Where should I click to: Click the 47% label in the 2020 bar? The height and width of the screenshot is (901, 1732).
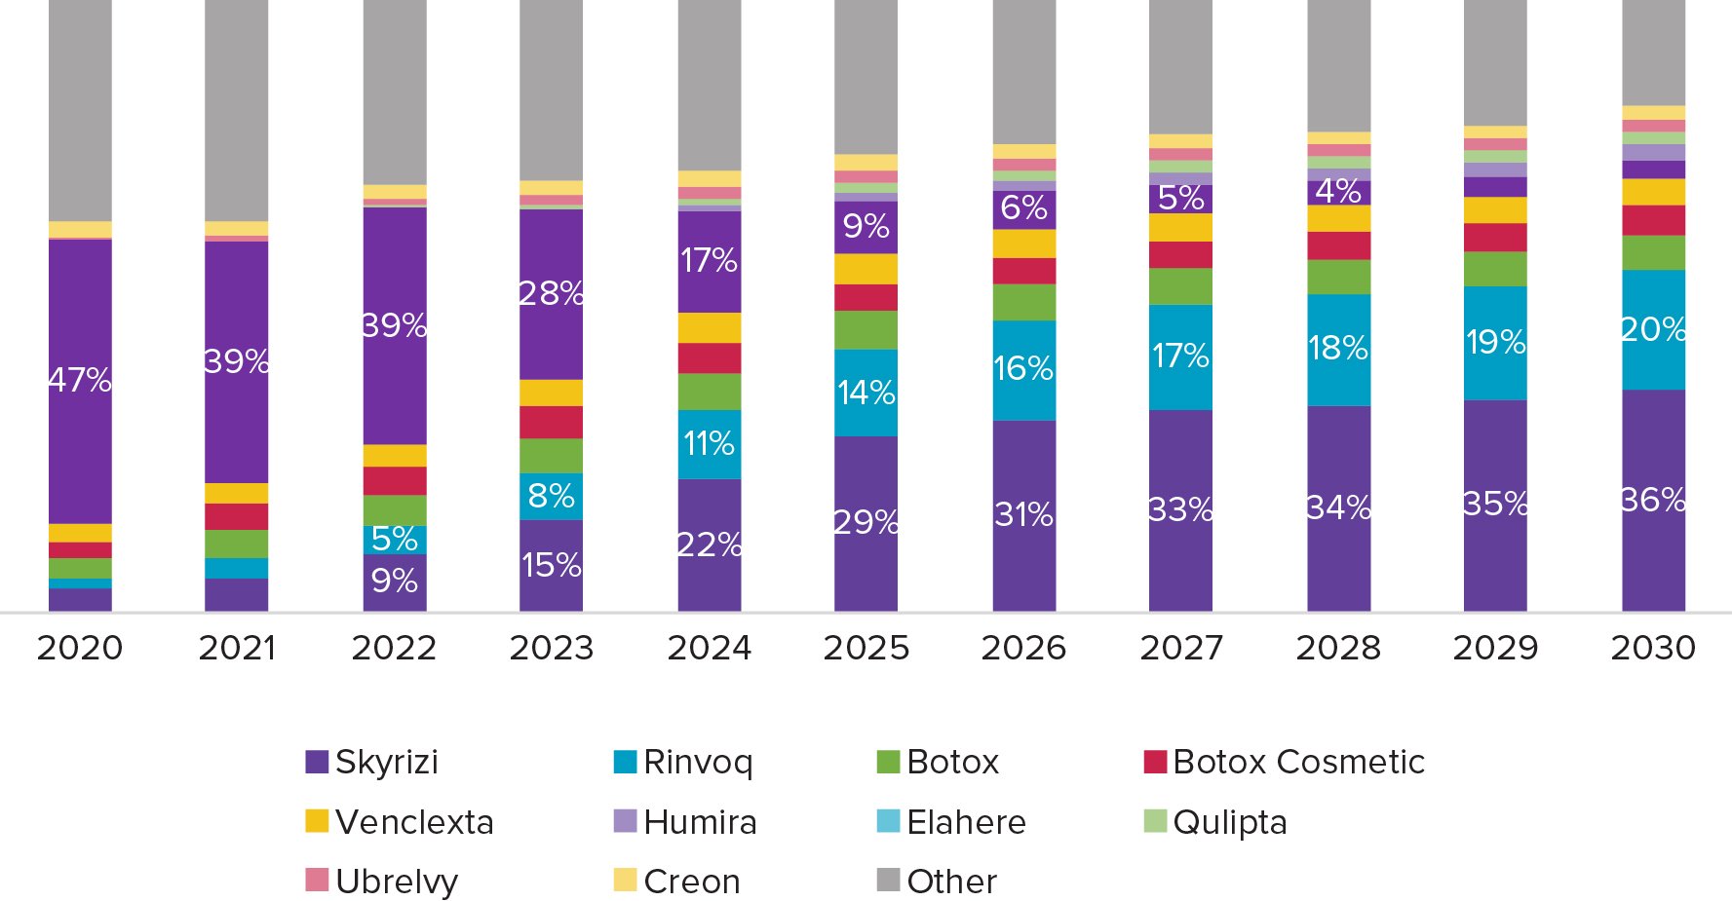(x=80, y=379)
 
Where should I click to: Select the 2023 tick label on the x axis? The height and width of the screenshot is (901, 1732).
(x=552, y=648)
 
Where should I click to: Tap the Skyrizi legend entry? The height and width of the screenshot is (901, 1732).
(x=372, y=762)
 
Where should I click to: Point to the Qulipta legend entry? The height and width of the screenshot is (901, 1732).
(x=1216, y=822)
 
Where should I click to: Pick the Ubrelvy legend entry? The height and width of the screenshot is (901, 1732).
(x=382, y=882)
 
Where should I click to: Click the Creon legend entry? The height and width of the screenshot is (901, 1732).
(x=677, y=882)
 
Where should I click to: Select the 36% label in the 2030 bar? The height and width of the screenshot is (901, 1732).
(x=1653, y=500)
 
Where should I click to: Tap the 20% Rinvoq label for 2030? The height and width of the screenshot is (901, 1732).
(x=1653, y=329)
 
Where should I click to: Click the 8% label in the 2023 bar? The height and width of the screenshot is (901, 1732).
(x=552, y=496)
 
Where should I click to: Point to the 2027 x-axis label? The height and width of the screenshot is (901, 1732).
(x=1181, y=648)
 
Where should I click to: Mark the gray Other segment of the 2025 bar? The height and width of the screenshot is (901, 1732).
(x=866, y=78)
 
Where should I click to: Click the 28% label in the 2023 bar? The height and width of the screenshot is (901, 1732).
(x=552, y=293)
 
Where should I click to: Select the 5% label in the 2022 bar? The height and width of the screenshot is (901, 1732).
(x=395, y=539)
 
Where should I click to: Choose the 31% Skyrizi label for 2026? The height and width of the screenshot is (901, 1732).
(x=1023, y=514)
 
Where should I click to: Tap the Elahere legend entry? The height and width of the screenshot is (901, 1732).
(x=951, y=822)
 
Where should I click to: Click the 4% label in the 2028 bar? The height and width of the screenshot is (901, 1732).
(x=1338, y=191)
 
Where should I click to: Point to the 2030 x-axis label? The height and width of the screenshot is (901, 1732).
(x=1653, y=648)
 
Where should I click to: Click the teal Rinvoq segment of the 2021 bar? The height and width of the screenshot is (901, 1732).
(x=236, y=568)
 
